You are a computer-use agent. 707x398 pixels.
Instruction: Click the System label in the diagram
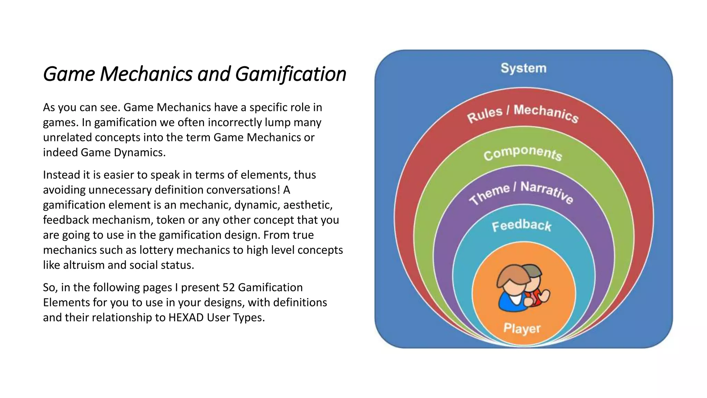tap(523, 68)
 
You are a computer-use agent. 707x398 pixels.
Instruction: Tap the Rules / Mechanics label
tap(523, 113)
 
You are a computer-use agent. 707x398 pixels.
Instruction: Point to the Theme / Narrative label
tap(521, 193)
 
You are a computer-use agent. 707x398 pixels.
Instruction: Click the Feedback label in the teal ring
tap(522, 226)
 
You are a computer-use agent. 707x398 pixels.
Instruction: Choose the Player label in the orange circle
tap(522, 328)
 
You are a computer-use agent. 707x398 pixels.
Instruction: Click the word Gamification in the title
tap(291, 74)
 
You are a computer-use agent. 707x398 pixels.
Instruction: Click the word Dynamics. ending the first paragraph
tap(140, 152)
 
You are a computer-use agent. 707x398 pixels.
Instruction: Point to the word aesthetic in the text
tap(308, 205)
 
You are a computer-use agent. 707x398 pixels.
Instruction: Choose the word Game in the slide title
tap(69, 74)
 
